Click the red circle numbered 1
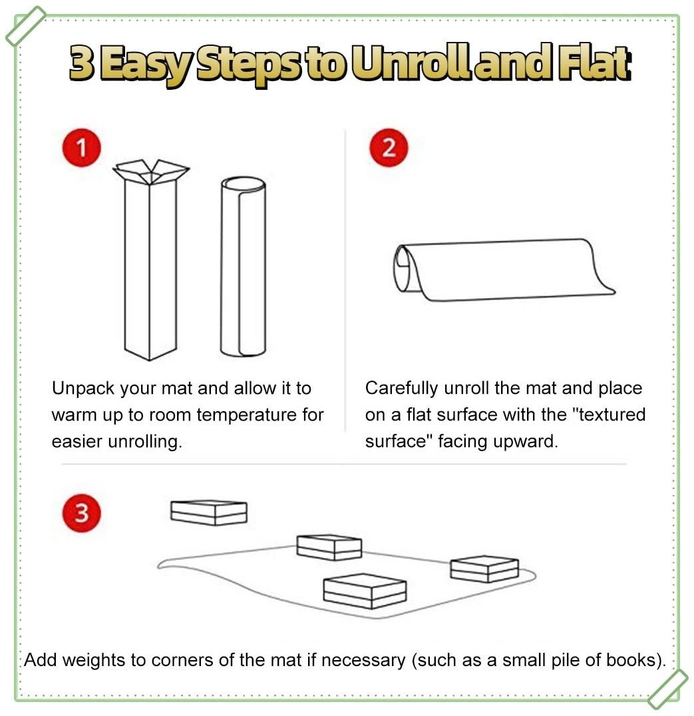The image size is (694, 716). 81,148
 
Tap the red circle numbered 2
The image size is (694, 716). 389,148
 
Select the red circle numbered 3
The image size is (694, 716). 81,512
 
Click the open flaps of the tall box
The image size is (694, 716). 150,172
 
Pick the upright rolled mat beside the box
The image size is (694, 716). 243,266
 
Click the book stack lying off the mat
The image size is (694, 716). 209,512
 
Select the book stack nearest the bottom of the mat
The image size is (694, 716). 365,591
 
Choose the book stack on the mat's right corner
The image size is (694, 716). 484,569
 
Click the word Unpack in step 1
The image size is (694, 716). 83,389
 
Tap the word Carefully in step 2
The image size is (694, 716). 402,389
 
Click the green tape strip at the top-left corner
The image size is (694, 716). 25,25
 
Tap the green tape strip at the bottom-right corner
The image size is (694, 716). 667,689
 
